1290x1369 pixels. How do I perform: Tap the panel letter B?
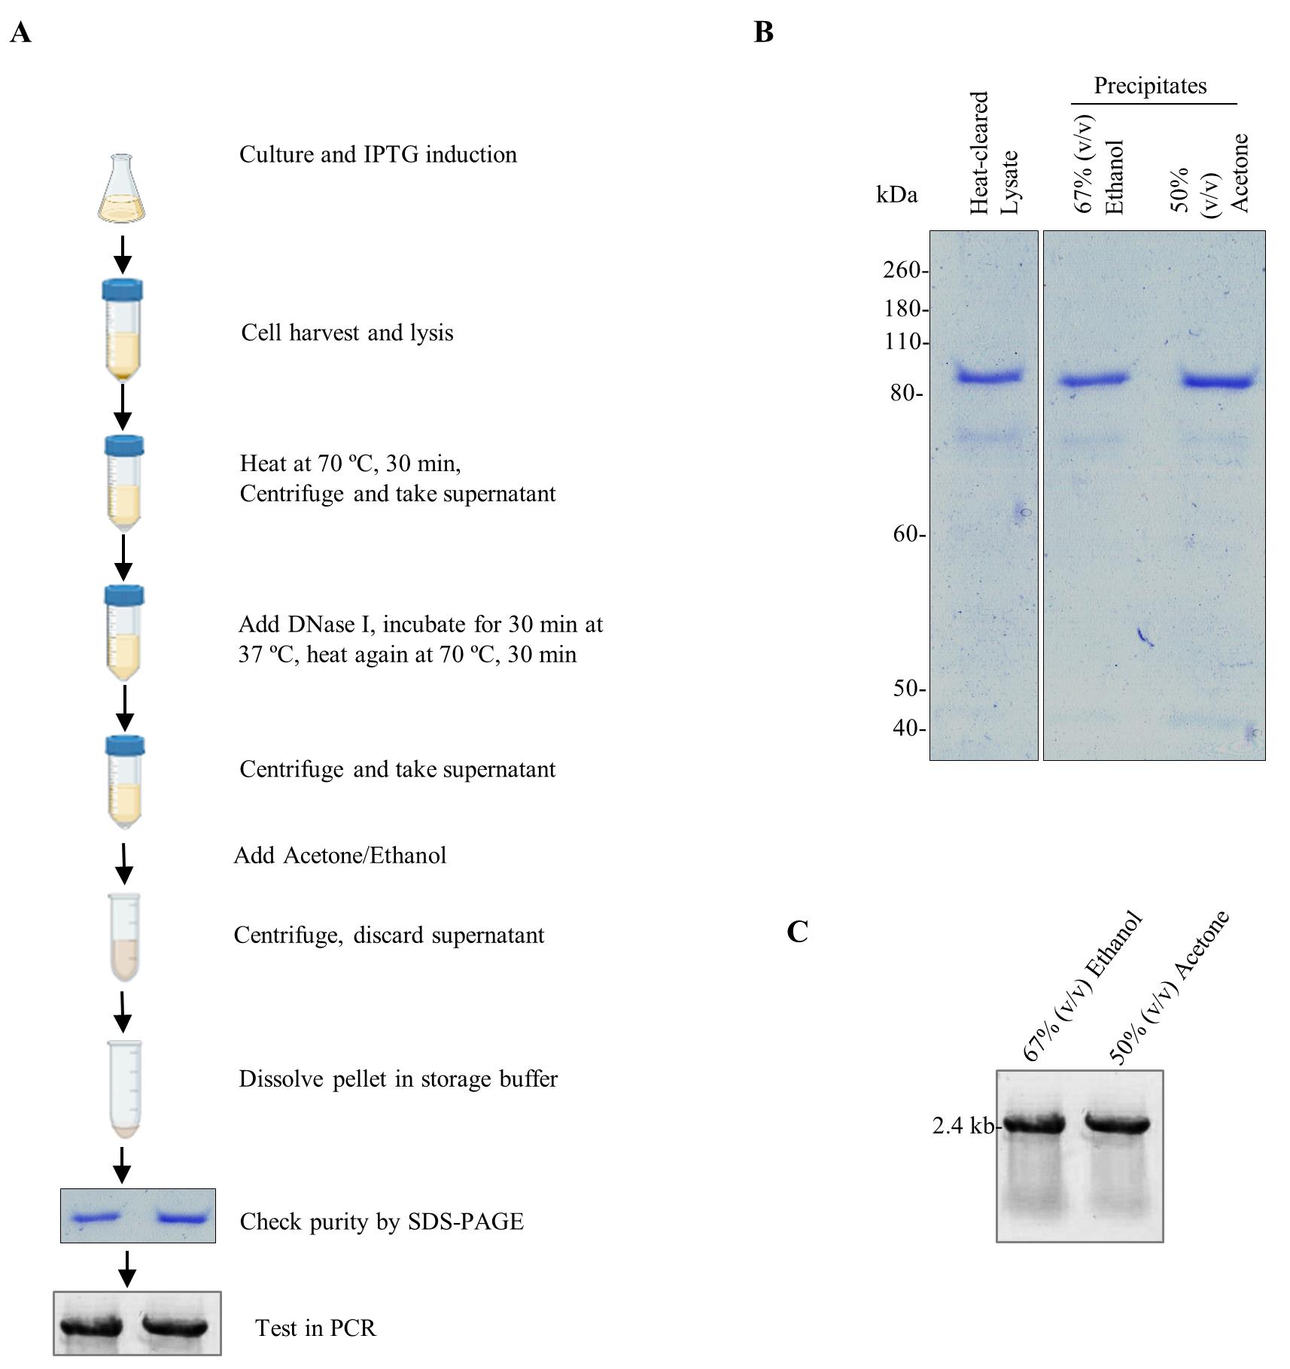pos(764,32)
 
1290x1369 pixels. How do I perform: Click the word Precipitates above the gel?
pos(1150,86)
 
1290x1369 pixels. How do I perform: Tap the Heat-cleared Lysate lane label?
pos(993,153)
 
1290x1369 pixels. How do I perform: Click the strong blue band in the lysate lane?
pos(989,375)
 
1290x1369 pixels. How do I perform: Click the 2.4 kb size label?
pos(963,1126)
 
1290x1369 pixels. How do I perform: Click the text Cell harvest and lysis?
pos(347,333)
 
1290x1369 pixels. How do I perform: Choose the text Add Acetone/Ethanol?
pos(340,856)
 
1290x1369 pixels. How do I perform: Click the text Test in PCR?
pos(315,1328)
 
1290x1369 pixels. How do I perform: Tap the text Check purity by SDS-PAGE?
pos(382,1221)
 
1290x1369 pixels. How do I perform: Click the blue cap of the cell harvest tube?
pos(123,290)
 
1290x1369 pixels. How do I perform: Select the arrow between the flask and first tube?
pos(122,255)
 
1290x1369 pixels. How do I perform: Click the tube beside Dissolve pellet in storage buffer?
pos(123,1088)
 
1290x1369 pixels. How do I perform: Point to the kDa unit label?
pos(897,195)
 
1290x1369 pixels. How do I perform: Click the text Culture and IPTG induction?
pos(378,154)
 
